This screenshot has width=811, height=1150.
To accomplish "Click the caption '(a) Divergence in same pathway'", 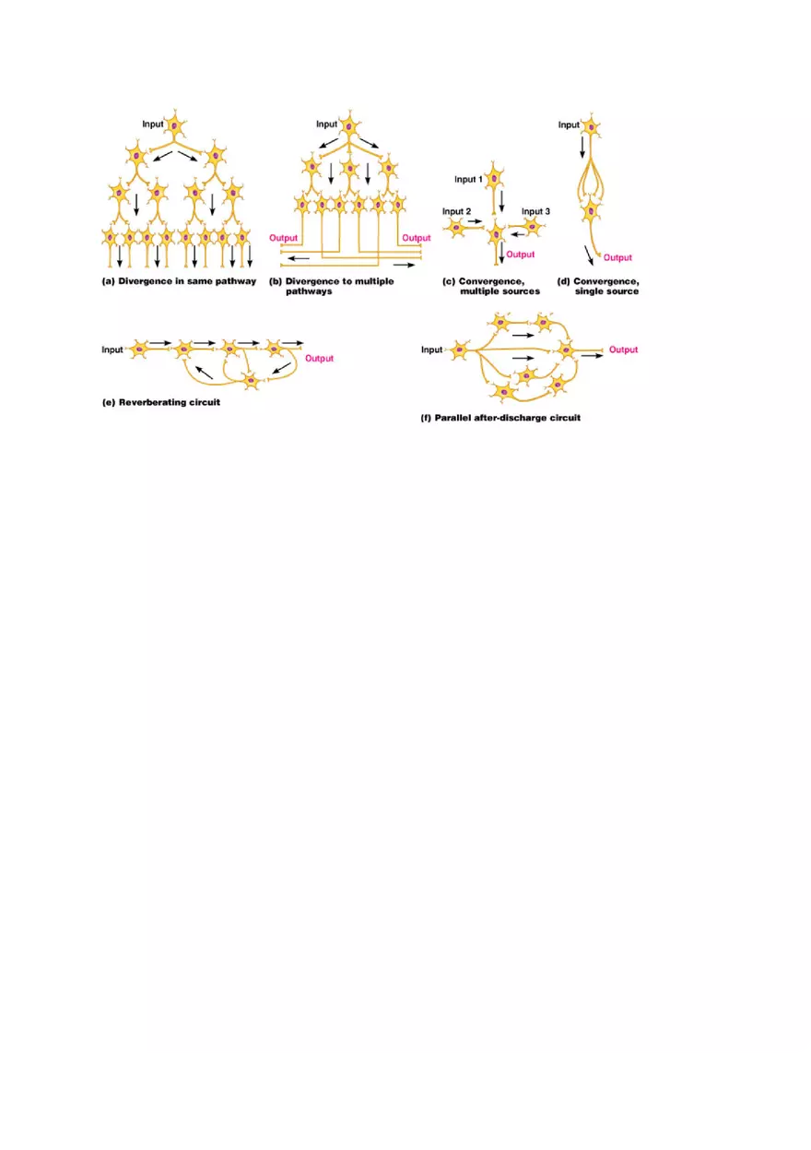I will coord(178,281).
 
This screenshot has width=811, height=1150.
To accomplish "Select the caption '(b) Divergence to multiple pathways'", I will coord(331,286).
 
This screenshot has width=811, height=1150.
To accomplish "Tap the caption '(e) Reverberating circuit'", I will coord(160,403).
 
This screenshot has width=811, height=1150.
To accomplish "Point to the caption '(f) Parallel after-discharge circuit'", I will coord(500,418).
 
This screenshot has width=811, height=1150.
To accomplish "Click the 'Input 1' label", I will coord(469,179).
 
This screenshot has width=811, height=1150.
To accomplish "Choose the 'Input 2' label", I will coord(457,211).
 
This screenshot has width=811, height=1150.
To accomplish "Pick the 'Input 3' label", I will coord(535,211).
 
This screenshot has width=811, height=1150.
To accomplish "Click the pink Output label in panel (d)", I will coord(617,258).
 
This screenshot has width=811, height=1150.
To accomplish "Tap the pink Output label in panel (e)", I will coord(319,359).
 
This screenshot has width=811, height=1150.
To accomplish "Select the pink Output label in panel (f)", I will coord(623,350).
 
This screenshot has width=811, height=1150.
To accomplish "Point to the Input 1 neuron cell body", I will coord(495,179).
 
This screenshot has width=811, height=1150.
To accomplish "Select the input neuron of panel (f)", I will coord(458,350).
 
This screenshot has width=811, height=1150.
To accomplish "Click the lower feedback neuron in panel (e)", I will coord(250,380).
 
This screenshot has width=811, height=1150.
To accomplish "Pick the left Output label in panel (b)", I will coord(283,238).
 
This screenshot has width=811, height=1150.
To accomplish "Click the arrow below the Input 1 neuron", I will coord(501,200).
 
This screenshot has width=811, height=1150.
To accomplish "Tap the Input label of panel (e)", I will coord(112,350).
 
